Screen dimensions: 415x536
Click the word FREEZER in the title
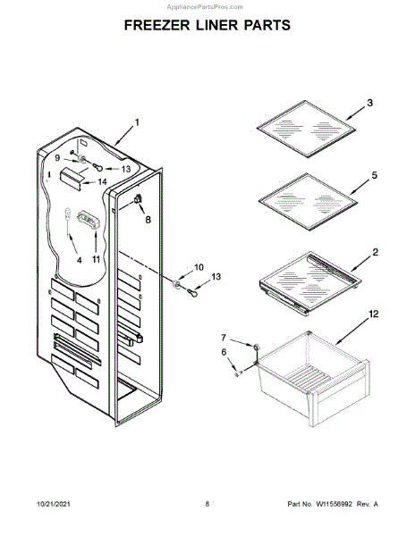click(157, 25)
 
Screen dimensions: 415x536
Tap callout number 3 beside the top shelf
click(370, 103)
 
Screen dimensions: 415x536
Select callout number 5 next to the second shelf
click(374, 175)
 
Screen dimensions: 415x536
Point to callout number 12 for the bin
click(374, 314)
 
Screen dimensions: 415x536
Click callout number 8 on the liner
click(148, 219)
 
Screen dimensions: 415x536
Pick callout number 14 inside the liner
click(102, 182)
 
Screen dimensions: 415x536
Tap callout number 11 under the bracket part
click(96, 259)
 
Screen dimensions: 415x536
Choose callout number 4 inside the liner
click(80, 260)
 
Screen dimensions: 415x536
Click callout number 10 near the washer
click(199, 267)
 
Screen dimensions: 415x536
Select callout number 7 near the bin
click(224, 338)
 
